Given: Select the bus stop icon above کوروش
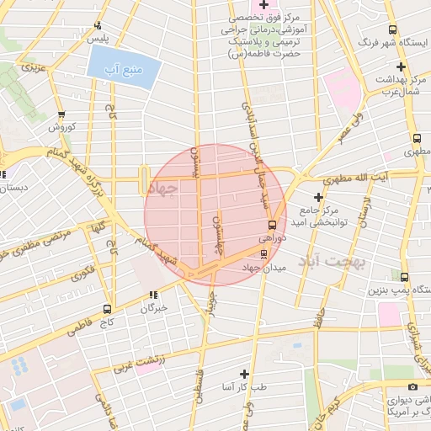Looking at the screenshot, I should click(x=61, y=114).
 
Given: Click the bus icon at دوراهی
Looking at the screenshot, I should click(x=271, y=226).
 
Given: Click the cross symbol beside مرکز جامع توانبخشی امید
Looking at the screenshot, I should click(x=318, y=197).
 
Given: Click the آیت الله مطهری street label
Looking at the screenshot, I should click(x=359, y=178).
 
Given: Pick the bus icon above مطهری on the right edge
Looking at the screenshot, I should click(x=417, y=137).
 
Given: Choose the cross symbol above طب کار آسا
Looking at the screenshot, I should click(x=244, y=373).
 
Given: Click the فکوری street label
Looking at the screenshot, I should click(x=83, y=273).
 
